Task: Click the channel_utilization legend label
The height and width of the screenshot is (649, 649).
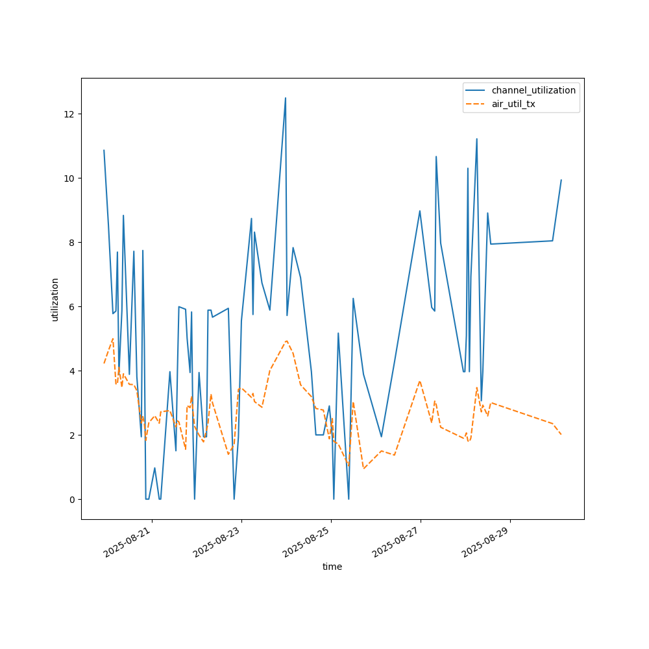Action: coord(533,90)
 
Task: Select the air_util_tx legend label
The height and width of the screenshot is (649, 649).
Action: coord(513,104)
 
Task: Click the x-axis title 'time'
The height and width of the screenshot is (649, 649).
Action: coord(332,567)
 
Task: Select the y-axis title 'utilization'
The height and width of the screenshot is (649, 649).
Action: coord(55,299)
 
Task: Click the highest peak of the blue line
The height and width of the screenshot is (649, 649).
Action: coord(286,98)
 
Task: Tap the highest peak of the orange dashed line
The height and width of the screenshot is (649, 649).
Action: coord(113,339)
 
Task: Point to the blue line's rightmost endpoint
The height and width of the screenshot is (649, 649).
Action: coord(561,180)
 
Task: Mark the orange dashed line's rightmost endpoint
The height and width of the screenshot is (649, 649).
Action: coord(561,434)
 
